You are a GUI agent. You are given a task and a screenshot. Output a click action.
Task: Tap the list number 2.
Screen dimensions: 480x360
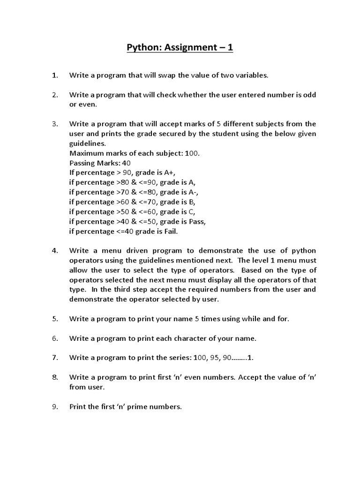(x=54, y=95)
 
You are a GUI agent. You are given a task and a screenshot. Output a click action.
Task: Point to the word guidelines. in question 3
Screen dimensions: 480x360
(x=88, y=144)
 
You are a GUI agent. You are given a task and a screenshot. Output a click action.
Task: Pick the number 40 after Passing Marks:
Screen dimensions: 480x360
(x=127, y=163)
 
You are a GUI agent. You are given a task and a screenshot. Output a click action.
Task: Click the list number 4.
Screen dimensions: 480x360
(x=54, y=250)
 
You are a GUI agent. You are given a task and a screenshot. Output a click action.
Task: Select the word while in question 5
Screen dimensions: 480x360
(x=251, y=319)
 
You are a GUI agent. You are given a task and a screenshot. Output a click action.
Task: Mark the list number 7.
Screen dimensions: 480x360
(x=54, y=358)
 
